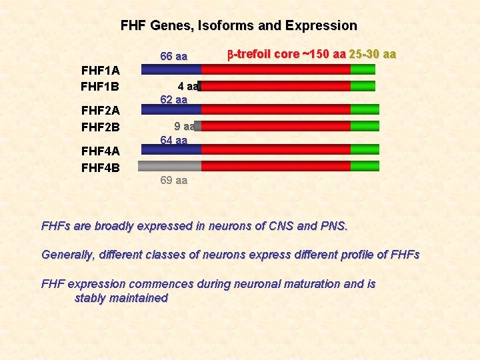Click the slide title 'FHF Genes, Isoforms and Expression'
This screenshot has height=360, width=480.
(x=239, y=26)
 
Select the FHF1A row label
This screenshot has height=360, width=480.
(x=100, y=70)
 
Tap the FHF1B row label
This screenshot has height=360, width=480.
(x=100, y=86)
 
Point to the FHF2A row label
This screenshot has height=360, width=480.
(x=100, y=110)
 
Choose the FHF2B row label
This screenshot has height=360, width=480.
(x=100, y=127)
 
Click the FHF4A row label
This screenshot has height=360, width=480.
(x=100, y=151)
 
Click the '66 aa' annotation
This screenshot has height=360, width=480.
(x=174, y=56)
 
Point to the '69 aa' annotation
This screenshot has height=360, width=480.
(x=174, y=180)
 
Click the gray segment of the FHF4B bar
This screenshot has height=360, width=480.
(x=169, y=166)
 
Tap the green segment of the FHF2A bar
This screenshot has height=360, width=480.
(x=365, y=109)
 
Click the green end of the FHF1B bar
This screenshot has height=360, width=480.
(x=363, y=86)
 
